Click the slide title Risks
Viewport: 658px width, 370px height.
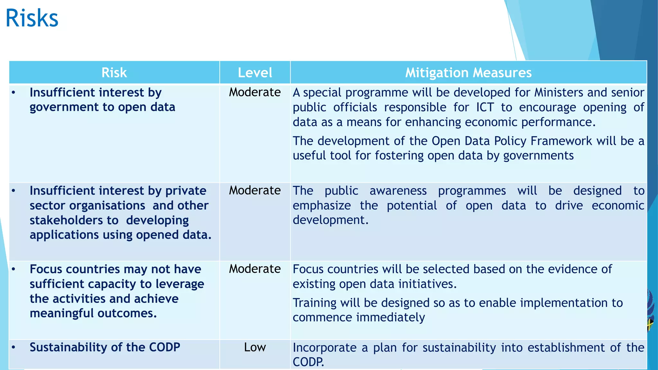tap(32, 18)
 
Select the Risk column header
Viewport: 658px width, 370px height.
tap(114, 73)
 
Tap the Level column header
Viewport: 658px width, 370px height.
tap(255, 73)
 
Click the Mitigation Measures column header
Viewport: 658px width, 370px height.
tap(468, 73)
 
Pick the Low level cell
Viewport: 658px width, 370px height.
tap(255, 347)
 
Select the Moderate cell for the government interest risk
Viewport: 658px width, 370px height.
tap(255, 92)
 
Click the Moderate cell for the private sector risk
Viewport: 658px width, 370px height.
tap(255, 190)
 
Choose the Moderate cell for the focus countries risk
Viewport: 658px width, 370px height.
tap(255, 269)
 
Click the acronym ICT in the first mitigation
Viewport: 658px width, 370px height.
tap(485, 107)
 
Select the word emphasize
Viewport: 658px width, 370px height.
tap(322, 206)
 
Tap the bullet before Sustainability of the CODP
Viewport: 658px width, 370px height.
tap(13, 347)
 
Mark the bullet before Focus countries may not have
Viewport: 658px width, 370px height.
tap(13, 269)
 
